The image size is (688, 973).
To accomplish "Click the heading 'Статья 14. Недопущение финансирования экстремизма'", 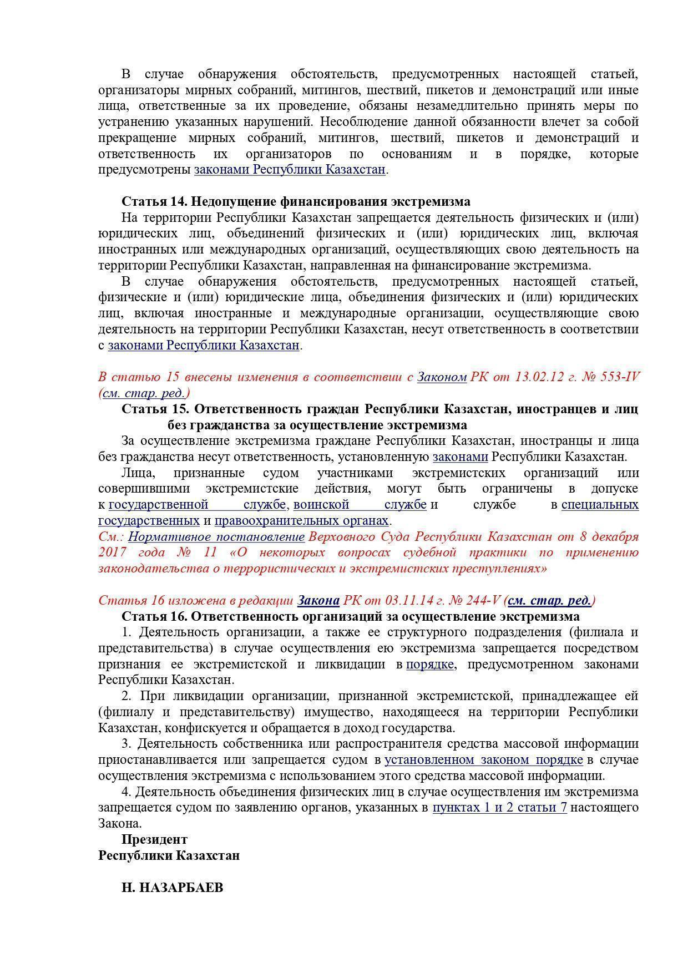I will [296, 201].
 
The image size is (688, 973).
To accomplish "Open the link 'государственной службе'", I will [198, 505].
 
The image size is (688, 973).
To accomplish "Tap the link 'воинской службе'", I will [360, 505].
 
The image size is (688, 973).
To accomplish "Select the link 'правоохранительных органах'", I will [301, 521].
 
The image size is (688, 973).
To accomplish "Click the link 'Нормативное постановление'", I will [216, 537].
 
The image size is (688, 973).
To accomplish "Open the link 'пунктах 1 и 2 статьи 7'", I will [499, 808].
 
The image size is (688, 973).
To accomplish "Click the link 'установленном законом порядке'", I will [483, 760].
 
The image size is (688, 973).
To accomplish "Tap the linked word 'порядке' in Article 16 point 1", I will [431, 665].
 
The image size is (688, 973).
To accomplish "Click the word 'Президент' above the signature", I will [154, 840].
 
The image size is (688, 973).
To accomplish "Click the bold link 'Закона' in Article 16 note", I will [318, 601].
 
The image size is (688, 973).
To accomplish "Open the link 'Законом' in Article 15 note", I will [442, 377].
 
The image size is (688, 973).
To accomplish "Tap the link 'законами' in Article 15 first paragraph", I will [460, 457].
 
